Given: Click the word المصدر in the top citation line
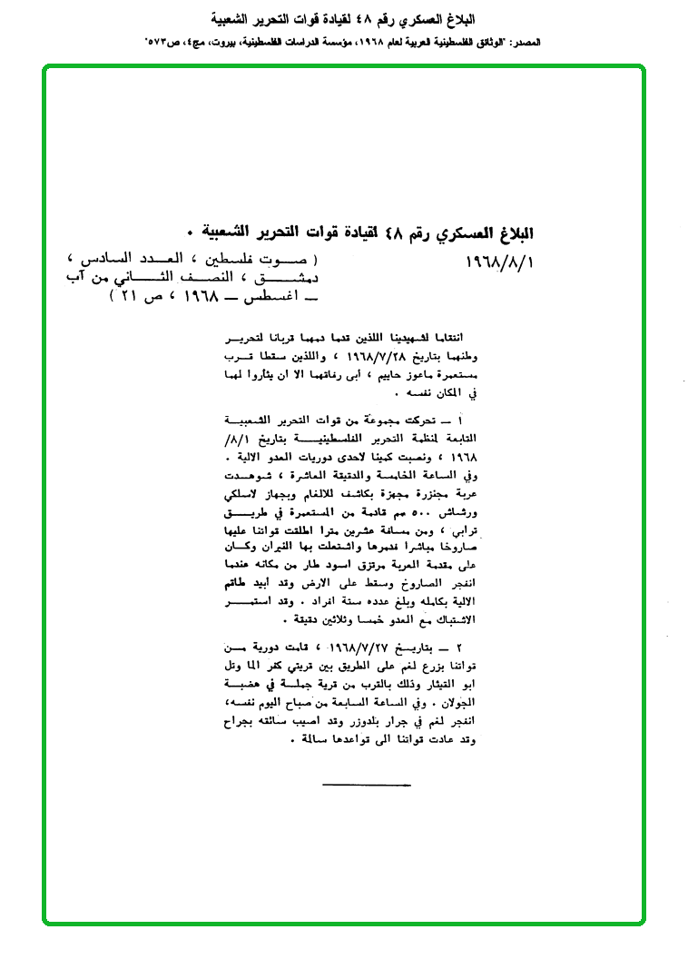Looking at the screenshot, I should pyautogui.click(x=525, y=43).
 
